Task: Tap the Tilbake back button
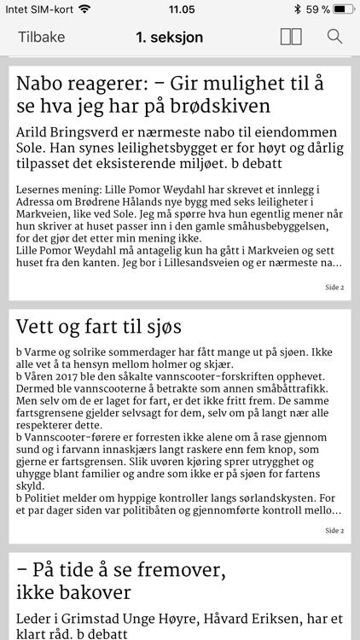40,38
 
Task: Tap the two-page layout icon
290,38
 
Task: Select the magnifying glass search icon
334,38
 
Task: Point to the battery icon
342,9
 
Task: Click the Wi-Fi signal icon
84,9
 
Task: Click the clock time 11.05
181,9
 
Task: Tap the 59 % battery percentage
317,9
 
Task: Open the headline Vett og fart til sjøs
99,327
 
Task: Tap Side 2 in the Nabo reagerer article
334,288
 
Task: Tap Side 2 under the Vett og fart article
334,530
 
